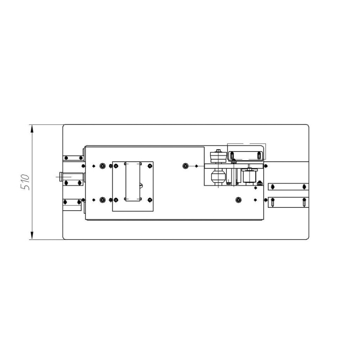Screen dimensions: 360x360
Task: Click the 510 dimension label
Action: [25, 182]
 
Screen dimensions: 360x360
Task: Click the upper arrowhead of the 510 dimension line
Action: [32, 129]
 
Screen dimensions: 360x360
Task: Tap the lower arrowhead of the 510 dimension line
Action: [32, 235]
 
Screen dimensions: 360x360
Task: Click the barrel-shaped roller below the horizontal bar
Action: [218, 176]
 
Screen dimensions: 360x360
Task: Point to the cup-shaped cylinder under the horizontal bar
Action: [249, 176]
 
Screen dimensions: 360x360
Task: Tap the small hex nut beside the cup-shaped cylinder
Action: [260, 183]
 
